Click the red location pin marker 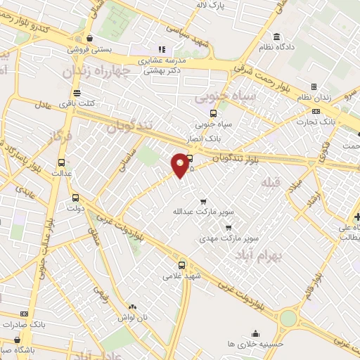181,165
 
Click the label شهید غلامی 182,276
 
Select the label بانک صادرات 25,324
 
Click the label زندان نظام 313,96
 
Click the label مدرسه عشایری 161,60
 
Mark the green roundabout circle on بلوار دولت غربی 288,319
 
